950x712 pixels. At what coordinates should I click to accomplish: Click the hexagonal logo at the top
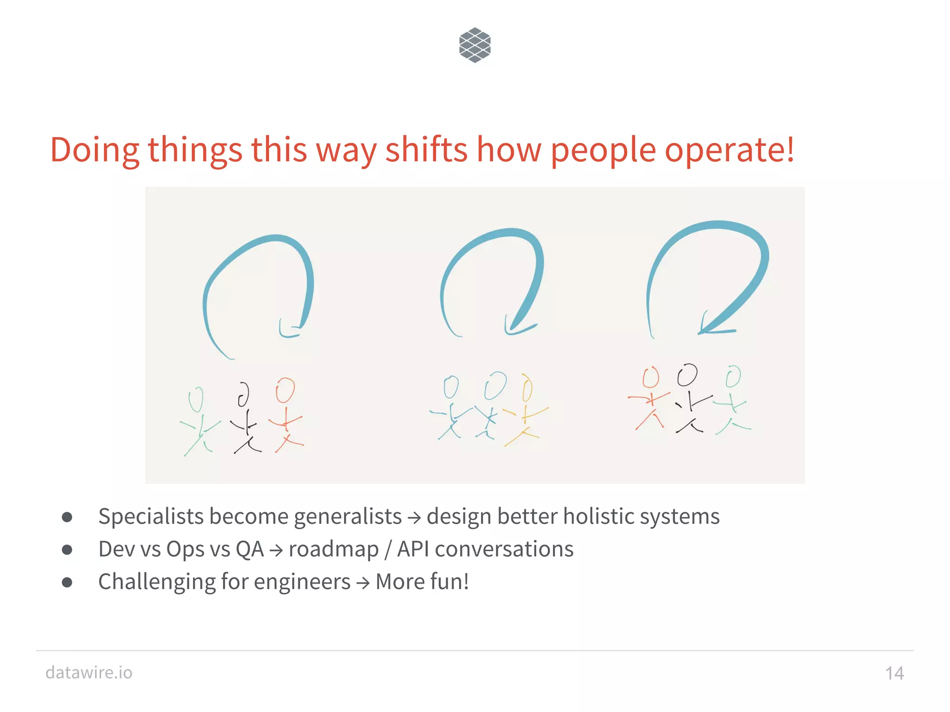[x=475, y=45]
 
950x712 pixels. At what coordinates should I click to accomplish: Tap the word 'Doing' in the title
[x=95, y=150]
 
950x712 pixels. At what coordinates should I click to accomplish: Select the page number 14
[x=894, y=673]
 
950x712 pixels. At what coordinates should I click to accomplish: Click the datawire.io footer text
[x=89, y=672]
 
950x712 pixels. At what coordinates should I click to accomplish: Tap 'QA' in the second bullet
[x=250, y=549]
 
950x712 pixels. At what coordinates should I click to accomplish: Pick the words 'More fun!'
[x=422, y=582]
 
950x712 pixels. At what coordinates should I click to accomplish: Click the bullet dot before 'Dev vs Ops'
[x=67, y=550]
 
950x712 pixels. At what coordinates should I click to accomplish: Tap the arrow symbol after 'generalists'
[x=414, y=518]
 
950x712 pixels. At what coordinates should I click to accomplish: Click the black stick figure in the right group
[x=690, y=399]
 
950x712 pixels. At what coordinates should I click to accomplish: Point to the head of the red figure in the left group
[x=285, y=390]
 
